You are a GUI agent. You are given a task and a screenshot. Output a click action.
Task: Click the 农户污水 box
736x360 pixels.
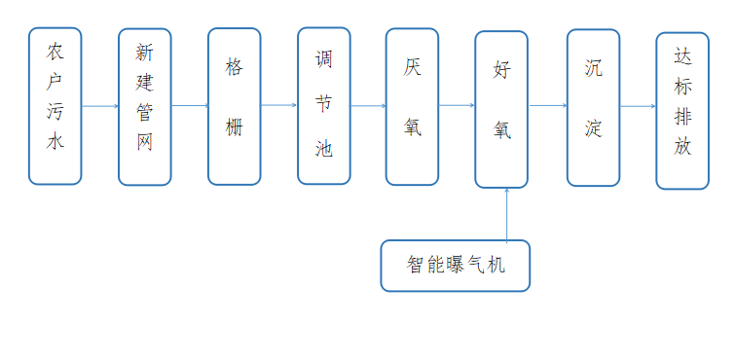55,105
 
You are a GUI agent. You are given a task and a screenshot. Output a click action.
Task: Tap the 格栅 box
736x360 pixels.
234,105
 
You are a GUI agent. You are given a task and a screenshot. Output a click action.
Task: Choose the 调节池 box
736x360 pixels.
323,105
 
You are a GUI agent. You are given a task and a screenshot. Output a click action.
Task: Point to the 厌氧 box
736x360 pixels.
412,105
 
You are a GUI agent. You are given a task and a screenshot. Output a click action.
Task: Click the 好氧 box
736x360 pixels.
501,109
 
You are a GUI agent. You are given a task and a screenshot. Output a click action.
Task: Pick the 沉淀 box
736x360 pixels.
593,107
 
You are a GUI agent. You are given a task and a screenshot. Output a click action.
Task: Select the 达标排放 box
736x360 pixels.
681,110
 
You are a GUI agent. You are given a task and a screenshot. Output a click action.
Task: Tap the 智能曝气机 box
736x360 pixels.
456,265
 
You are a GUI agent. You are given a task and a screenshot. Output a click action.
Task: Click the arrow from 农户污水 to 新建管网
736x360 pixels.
99,105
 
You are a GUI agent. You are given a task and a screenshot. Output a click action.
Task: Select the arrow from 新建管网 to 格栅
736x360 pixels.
189,105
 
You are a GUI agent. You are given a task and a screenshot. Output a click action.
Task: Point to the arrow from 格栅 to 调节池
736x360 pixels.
278,105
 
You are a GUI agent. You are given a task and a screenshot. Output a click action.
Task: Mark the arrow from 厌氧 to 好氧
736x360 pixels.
456,105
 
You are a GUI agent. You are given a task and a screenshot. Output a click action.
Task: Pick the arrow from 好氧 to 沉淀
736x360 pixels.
547,105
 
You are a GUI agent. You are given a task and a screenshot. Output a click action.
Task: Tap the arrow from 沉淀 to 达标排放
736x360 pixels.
637,105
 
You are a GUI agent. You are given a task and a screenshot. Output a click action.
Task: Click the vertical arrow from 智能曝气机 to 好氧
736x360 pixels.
507,214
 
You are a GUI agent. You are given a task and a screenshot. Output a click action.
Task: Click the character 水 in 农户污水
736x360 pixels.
55,141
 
